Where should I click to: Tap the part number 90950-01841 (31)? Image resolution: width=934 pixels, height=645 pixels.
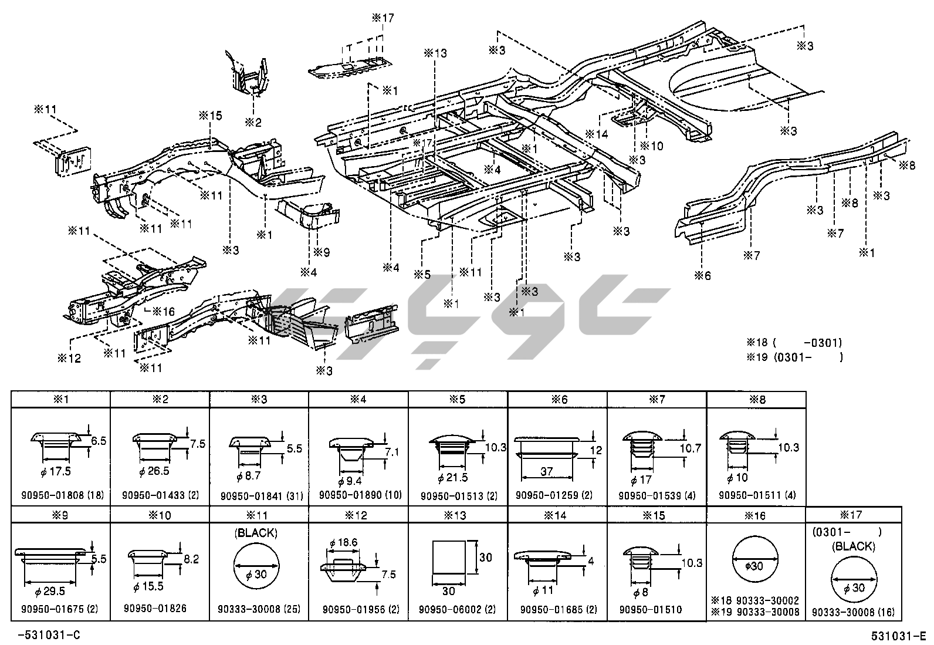point(262,497)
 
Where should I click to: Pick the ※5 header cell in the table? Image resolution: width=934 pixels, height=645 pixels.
point(458,400)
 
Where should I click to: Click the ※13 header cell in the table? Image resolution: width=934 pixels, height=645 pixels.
point(458,515)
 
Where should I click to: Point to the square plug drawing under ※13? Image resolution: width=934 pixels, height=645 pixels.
point(449,557)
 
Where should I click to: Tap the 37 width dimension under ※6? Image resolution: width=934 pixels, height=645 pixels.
point(546,472)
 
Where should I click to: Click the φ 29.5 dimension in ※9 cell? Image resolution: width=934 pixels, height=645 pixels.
point(50,592)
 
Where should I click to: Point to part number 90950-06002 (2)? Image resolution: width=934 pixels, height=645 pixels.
point(458,610)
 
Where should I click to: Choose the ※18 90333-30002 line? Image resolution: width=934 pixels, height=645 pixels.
point(755,600)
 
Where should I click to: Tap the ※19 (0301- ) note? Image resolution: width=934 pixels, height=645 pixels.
point(794,357)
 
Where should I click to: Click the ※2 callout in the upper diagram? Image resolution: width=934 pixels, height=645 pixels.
point(253,122)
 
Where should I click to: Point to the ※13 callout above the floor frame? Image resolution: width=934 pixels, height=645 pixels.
point(435,53)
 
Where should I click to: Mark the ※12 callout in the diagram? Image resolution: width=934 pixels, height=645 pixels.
point(69,358)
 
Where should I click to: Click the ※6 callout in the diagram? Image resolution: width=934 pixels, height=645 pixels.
point(702,275)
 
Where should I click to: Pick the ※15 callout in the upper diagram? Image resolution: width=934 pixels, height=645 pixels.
point(211,116)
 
